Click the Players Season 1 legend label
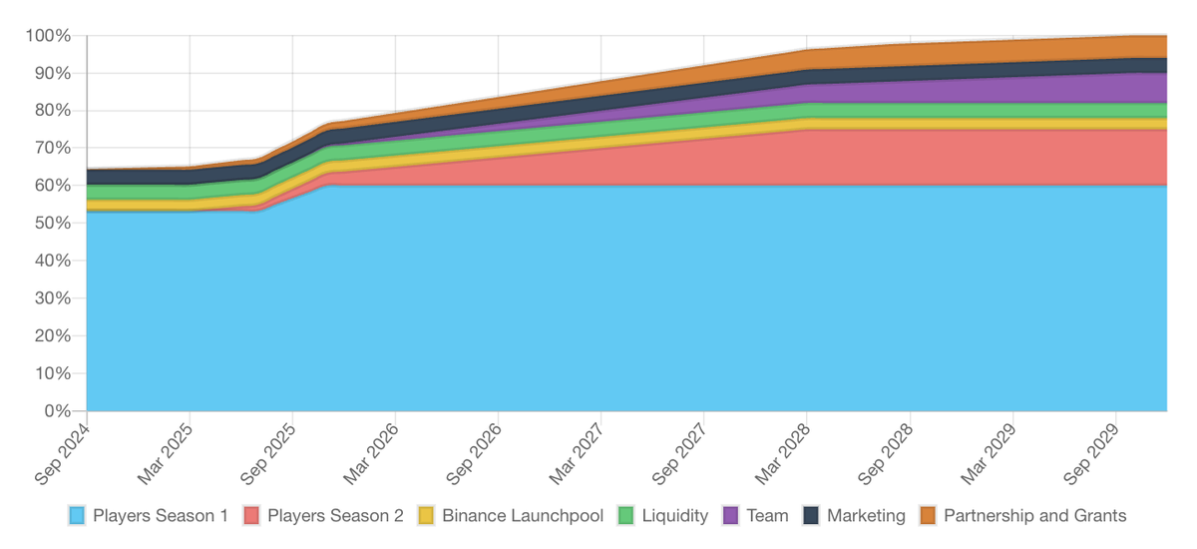coord(161,516)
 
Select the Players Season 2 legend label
coord(335,516)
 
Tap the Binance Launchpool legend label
coord(523,516)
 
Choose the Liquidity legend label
coord(675,516)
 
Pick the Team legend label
coord(767,516)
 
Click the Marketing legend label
coord(866,516)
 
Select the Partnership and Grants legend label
coord(1034,516)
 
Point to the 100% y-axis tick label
coord(49,36)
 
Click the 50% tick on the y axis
coord(53,224)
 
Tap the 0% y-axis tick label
coord(57,411)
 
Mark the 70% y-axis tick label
coord(53,149)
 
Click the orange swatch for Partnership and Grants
coord(927,516)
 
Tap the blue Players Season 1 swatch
coord(77,516)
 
